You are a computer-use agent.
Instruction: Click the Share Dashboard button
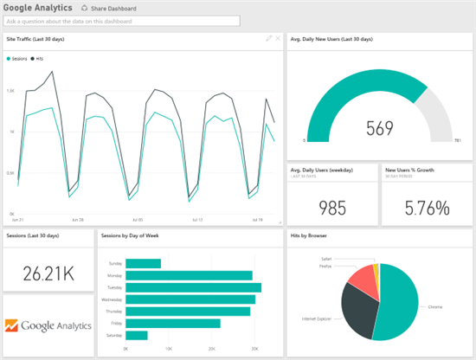coord(108,8)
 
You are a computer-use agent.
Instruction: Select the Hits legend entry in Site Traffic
coord(39,59)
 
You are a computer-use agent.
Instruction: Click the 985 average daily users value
coord(332,207)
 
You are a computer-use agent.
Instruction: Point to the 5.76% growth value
coord(426,207)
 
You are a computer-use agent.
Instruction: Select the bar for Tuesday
coord(194,287)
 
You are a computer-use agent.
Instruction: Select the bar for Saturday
coord(137,335)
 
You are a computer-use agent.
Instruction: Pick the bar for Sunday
coord(144,264)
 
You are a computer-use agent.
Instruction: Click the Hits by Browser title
coord(312,235)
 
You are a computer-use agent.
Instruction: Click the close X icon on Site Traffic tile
coord(278,39)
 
